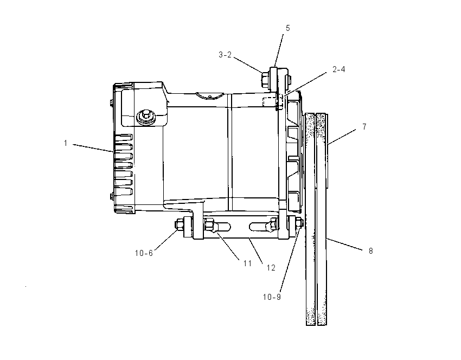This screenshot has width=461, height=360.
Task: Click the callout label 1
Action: coord(66,143)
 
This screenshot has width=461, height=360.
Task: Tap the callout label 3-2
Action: coord(225,55)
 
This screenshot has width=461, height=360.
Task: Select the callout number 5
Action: coord(287,28)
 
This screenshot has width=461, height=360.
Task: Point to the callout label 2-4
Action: coord(338,69)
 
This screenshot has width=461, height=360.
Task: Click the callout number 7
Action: coord(364,127)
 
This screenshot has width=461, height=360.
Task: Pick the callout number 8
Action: coord(371,251)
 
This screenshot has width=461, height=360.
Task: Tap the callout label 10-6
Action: coord(144,253)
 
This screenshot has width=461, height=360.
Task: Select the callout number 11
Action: coord(247,263)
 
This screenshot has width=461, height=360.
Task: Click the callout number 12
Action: coord(271,268)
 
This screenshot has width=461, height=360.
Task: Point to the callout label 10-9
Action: coord(272,297)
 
